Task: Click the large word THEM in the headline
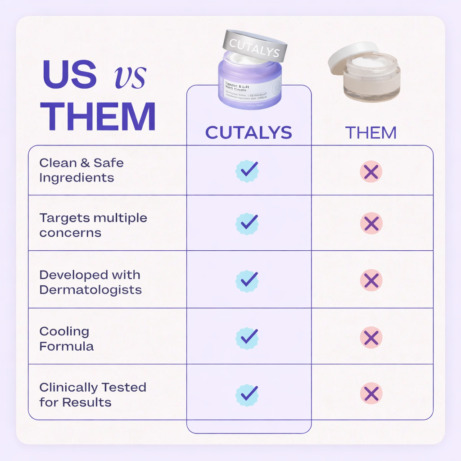98,117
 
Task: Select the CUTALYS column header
249,132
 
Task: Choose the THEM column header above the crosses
371,133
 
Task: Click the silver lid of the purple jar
254,45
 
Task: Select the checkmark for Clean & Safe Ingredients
247,171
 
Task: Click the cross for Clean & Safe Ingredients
371,172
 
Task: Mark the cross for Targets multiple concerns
371,223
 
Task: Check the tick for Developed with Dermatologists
247,280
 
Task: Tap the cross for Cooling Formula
371,337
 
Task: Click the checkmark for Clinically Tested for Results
247,393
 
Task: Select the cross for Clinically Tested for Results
371,393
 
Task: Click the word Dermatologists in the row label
90,290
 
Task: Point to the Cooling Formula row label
66,339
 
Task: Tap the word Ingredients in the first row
77,178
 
